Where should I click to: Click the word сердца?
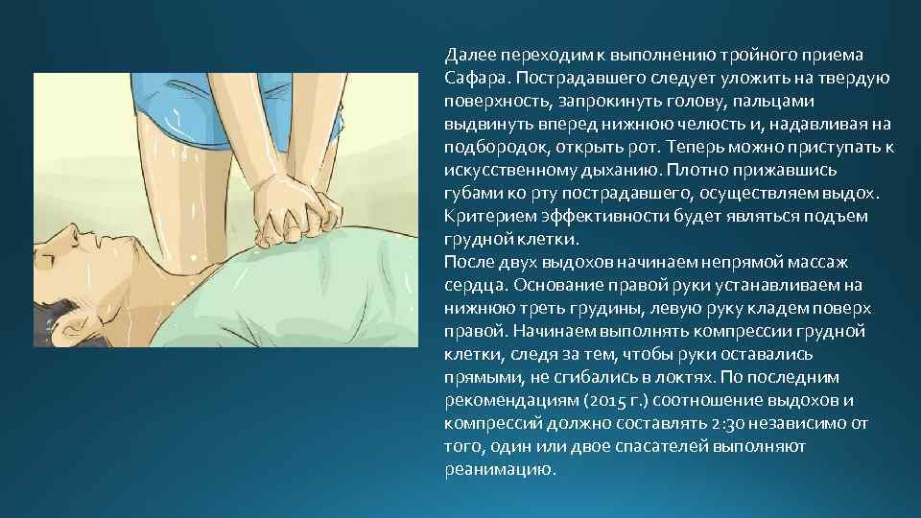click(x=472, y=285)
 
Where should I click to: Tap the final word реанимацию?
click(x=500, y=469)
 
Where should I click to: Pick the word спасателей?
click(x=661, y=446)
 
